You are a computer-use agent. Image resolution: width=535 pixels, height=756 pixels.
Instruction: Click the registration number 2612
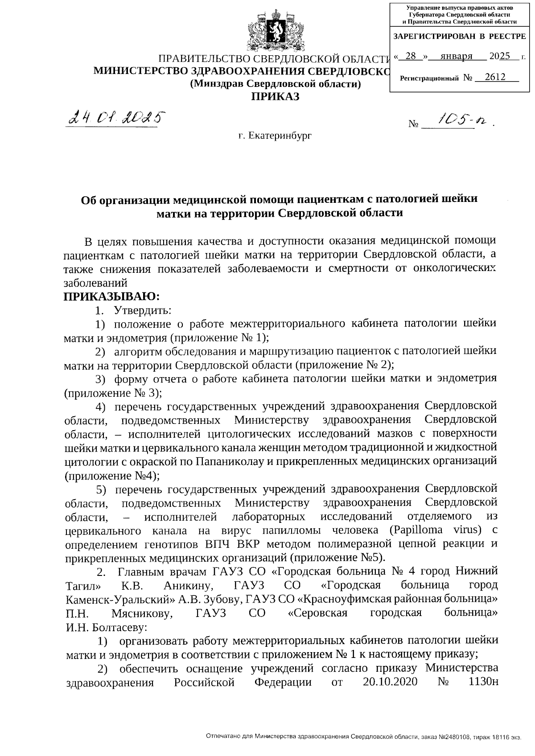(x=495, y=77)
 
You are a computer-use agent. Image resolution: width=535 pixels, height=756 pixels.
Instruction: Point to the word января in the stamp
(x=456, y=56)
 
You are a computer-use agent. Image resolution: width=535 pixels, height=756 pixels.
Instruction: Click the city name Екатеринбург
(x=275, y=135)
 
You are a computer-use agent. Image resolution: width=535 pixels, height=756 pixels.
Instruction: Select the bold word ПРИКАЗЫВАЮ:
(x=111, y=296)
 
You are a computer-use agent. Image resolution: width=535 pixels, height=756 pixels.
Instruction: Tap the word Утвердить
(x=143, y=310)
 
